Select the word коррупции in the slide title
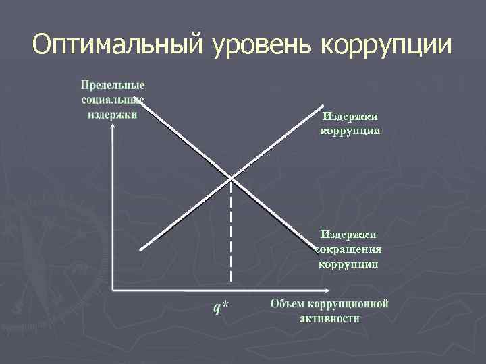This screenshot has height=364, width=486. click(x=386, y=45)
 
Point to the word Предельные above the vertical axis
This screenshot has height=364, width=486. click(x=113, y=86)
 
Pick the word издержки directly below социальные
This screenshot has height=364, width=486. click(x=113, y=114)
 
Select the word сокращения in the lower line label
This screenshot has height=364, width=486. click(x=349, y=249)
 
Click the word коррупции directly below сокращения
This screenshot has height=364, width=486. click(x=349, y=264)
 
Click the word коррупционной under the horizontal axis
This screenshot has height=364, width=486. click(x=348, y=303)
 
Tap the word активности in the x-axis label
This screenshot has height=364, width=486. click(x=329, y=317)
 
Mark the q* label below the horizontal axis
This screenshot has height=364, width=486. click(x=221, y=307)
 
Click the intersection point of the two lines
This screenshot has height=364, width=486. click(x=231, y=178)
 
